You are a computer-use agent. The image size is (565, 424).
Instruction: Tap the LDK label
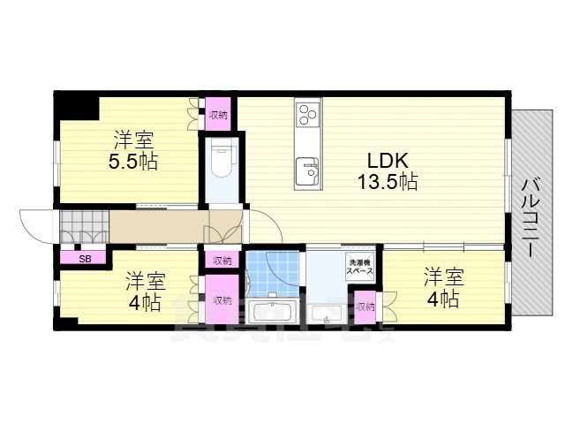(387, 162)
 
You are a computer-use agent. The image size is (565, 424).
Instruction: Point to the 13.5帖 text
(387, 183)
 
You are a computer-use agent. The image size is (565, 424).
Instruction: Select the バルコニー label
(532, 216)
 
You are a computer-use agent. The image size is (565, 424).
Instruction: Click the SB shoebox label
(85, 259)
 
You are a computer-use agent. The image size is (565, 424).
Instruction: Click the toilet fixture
(221, 160)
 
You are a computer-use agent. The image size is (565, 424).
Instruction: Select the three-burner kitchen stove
(308, 114)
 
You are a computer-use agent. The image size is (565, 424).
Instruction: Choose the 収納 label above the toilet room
(219, 114)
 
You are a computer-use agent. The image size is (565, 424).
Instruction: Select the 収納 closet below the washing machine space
(365, 307)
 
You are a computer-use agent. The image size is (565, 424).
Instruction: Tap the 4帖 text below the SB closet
(145, 302)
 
